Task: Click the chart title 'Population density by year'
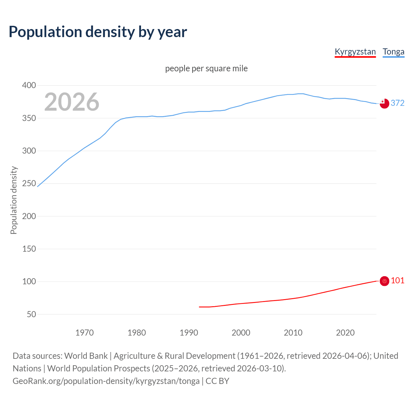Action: [x=98, y=32]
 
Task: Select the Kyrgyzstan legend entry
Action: [x=355, y=52]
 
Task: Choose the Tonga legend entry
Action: [x=393, y=52]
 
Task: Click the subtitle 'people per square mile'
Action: [x=206, y=68]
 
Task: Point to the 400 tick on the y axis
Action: [x=29, y=86]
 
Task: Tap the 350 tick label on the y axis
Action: [x=29, y=118]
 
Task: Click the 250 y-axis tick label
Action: [x=29, y=184]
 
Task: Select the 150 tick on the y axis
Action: [x=29, y=249]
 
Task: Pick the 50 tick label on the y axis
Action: [x=31, y=314]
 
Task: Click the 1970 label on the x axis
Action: [x=85, y=333]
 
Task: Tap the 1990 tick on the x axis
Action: [x=189, y=333]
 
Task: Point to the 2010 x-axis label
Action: [x=293, y=333]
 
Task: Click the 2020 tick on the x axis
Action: [x=345, y=333]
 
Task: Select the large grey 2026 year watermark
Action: [x=72, y=102]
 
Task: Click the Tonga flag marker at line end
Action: [x=384, y=104]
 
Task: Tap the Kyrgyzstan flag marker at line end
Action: [x=384, y=281]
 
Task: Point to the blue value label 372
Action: [x=398, y=103]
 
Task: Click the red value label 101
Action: [x=398, y=280]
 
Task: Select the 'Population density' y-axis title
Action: [x=14, y=200]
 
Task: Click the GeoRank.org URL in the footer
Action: [x=106, y=381]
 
